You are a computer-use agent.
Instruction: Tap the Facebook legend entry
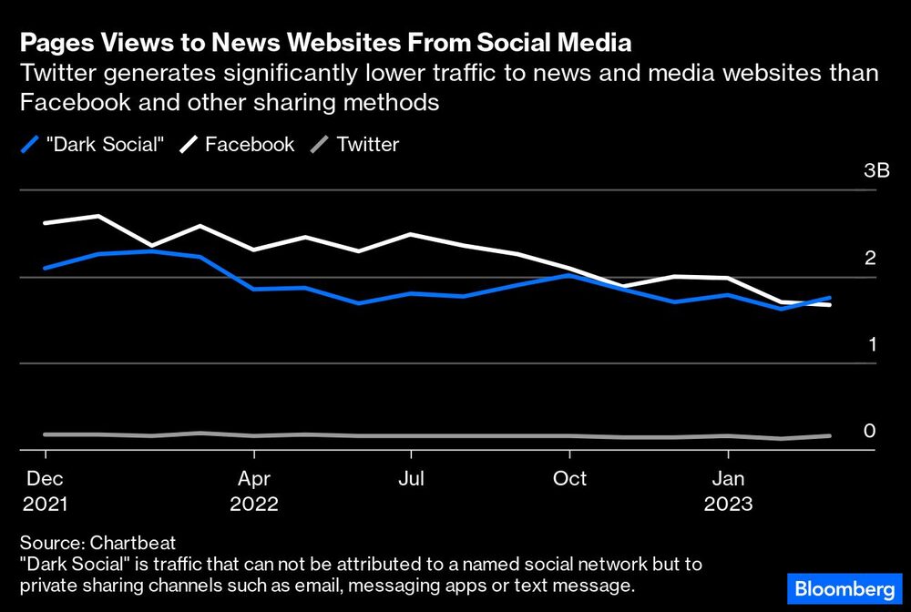(240, 144)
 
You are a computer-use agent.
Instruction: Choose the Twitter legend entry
(357, 144)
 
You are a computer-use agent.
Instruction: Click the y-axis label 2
(870, 258)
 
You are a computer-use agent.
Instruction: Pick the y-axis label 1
(870, 344)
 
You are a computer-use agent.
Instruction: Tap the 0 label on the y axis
(870, 431)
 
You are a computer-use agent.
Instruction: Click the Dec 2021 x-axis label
(45, 490)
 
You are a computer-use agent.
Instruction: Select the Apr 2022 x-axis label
(254, 490)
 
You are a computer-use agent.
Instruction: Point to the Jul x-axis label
(412, 477)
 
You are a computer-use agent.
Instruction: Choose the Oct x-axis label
(569, 477)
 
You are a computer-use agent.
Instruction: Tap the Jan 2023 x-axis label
(727, 490)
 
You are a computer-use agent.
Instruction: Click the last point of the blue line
(830, 298)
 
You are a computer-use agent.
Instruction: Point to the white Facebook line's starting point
(45, 223)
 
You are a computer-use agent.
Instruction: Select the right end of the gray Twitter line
(830, 435)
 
